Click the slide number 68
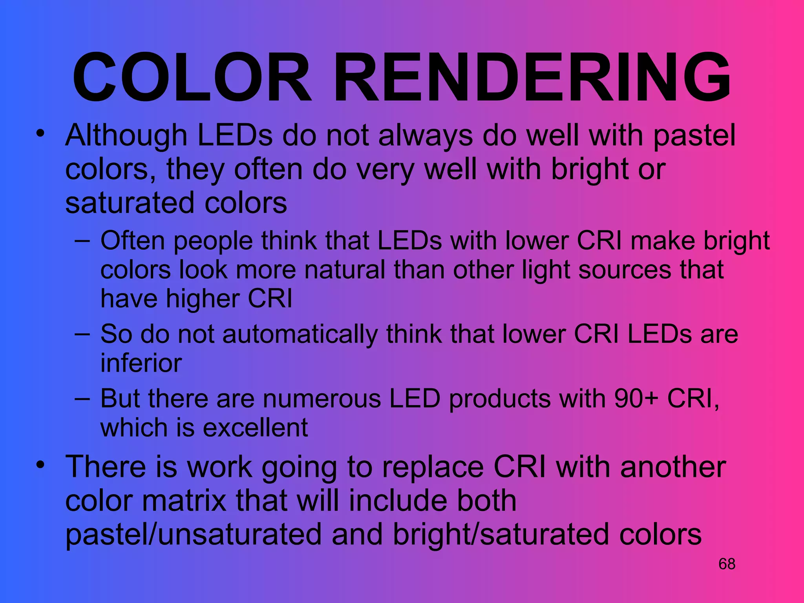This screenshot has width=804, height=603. click(x=727, y=564)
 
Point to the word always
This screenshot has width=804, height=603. click(x=426, y=136)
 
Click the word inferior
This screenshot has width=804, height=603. click(x=141, y=363)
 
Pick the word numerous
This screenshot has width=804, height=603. click(x=322, y=399)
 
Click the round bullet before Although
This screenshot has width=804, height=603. click(x=40, y=133)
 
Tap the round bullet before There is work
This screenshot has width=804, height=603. click(x=40, y=465)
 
